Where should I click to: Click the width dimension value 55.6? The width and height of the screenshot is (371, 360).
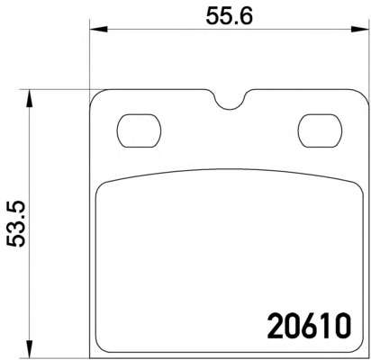(x=230, y=15)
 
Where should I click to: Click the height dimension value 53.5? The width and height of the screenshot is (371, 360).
(x=16, y=224)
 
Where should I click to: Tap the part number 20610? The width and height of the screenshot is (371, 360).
(x=309, y=325)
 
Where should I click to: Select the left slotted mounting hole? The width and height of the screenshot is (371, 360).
(x=139, y=130)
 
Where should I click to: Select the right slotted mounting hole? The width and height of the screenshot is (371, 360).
(x=320, y=130)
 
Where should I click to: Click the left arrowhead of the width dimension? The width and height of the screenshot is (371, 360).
(x=98, y=29)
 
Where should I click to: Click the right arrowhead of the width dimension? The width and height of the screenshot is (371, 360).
(x=359, y=29)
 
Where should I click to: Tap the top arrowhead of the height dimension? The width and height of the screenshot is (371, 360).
(x=29, y=98)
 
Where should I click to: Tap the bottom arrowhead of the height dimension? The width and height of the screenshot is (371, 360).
(x=29, y=349)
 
